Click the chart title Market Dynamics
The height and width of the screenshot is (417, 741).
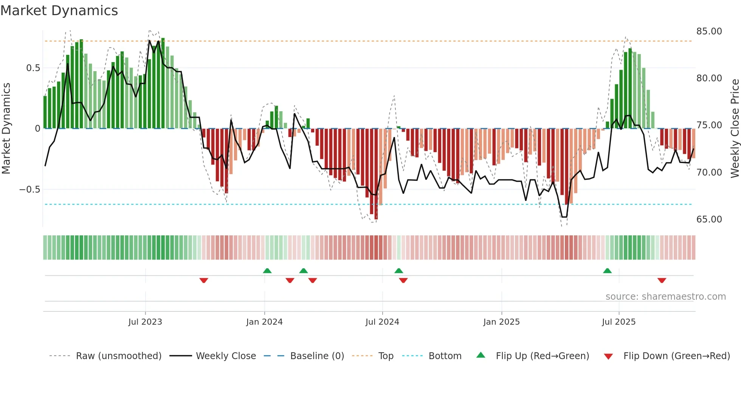click(59, 11)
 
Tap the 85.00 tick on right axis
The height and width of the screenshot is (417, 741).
click(709, 31)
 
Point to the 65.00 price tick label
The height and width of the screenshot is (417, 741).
click(709, 219)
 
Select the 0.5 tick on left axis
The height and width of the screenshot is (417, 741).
click(33, 68)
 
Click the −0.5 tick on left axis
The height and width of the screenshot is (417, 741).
click(30, 190)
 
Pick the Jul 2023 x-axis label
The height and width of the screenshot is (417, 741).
click(145, 322)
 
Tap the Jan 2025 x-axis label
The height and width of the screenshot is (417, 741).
click(501, 322)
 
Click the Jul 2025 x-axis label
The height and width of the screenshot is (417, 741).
click(619, 322)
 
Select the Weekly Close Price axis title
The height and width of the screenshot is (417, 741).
click(735, 129)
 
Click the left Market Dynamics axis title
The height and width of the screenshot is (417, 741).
click(6, 129)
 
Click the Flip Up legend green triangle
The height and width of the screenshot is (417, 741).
click(481, 355)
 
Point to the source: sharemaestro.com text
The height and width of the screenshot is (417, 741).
click(665, 297)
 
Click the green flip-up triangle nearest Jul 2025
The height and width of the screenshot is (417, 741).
click(607, 271)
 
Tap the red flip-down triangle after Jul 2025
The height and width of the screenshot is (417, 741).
click(662, 280)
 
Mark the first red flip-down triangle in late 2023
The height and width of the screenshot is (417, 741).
click(204, 280)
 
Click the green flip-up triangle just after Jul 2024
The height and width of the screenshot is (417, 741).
click(398, 271)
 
